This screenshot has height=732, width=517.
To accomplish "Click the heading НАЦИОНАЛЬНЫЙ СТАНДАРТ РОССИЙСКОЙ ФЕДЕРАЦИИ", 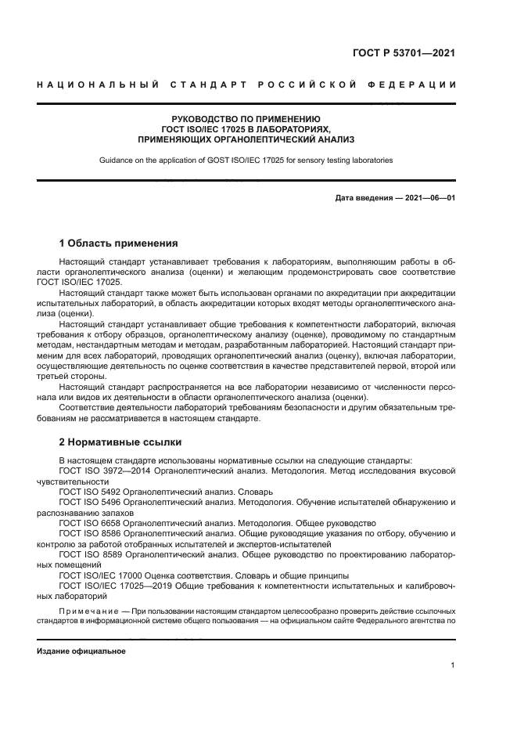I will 246,85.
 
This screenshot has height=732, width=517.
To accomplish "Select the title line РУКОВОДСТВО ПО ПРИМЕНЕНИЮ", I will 246,118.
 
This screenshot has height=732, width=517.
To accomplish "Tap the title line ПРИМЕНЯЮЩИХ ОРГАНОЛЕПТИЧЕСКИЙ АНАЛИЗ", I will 246,139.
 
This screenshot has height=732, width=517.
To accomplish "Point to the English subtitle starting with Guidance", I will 246,160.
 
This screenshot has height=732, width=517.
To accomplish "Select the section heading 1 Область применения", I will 119,243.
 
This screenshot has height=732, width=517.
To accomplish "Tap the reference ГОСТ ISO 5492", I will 89,492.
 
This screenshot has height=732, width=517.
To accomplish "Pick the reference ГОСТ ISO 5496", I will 89,502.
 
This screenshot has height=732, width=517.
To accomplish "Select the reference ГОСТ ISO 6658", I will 89,523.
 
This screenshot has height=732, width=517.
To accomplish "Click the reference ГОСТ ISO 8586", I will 89,533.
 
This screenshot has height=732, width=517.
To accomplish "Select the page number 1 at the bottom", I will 453,665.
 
